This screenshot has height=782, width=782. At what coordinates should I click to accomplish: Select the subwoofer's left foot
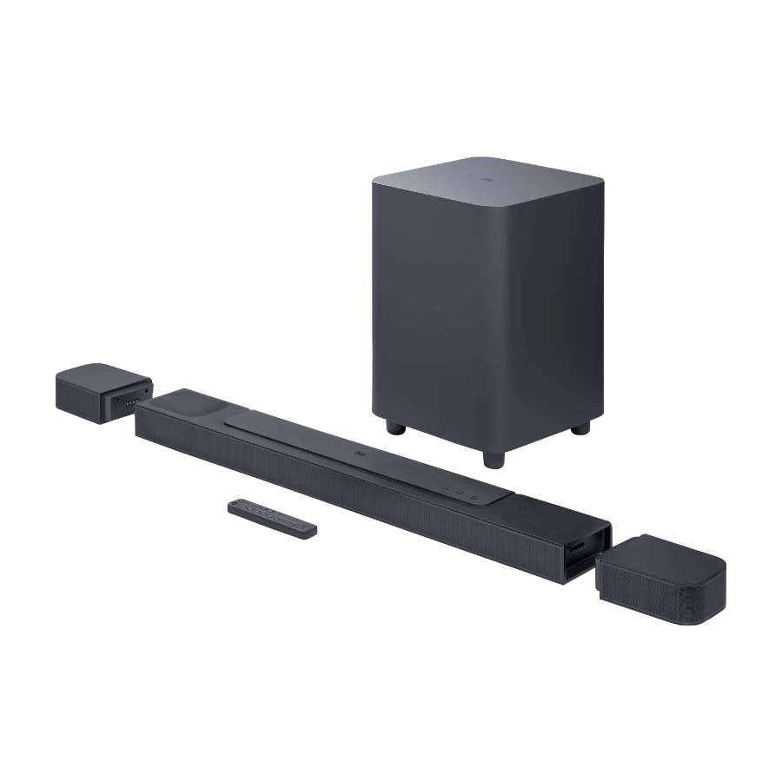(394, 427)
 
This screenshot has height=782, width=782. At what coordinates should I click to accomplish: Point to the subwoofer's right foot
(581, 428)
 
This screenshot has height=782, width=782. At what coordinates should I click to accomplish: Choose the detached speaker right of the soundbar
(661, 577)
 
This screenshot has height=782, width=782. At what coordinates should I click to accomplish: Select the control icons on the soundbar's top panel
(452, 489)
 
